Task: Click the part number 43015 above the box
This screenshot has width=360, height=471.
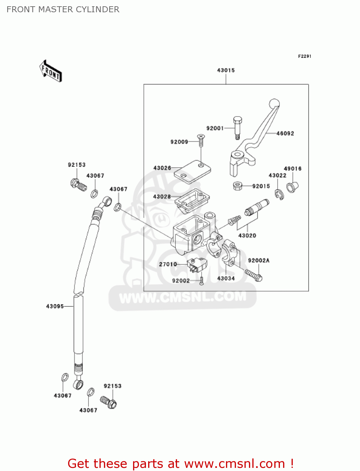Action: (226, 70)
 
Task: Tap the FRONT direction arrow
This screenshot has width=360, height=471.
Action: (51, 71)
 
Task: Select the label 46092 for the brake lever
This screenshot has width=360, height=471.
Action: (285, 133)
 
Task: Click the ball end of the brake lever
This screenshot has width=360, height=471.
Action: (274, 104)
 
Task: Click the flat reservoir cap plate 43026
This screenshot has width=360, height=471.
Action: (192, 171)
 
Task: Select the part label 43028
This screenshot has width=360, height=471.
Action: (162, 197)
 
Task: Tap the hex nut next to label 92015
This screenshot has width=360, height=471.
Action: (238, 186)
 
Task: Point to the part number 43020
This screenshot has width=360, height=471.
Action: (247, 235)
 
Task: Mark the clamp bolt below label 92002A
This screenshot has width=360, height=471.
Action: (254, 275)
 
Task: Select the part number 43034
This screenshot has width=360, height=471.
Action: (226, 279)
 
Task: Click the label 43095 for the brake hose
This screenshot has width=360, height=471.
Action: (55, 306)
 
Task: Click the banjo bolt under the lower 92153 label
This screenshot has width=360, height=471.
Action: (109, 402)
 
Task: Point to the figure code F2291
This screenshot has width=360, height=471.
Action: (304, 56)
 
